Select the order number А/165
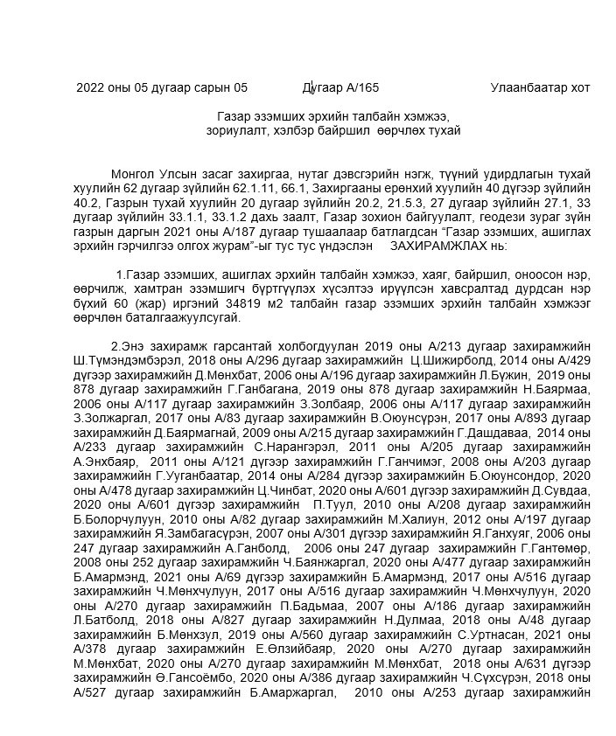tap(361, 87)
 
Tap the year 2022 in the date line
tap(91, 87)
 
